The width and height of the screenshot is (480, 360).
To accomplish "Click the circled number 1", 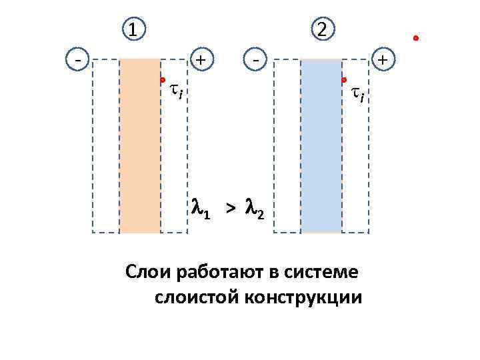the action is pos(134,29).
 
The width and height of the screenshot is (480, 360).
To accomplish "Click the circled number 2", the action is pos(323,29).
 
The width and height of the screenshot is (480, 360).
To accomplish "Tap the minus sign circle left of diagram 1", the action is pos(79,59).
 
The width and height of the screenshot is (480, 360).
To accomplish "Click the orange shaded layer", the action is pos(140,147).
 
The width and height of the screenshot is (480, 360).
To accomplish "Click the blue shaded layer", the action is pos(321,147).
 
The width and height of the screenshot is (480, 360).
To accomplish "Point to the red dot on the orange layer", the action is pos(163,80).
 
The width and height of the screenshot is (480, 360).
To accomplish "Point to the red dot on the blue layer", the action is pos(344,80).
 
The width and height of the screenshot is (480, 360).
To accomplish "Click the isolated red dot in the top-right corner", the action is pos(415,38).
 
